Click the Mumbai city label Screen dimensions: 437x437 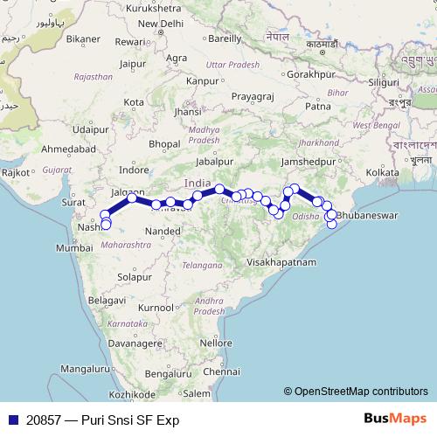73,248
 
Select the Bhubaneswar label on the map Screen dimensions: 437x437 367,214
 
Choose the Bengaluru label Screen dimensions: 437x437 168,373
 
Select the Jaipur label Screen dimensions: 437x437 133,63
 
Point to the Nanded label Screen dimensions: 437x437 163,231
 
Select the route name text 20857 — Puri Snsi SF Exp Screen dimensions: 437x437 98,420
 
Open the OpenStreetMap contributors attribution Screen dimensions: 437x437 356,392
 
